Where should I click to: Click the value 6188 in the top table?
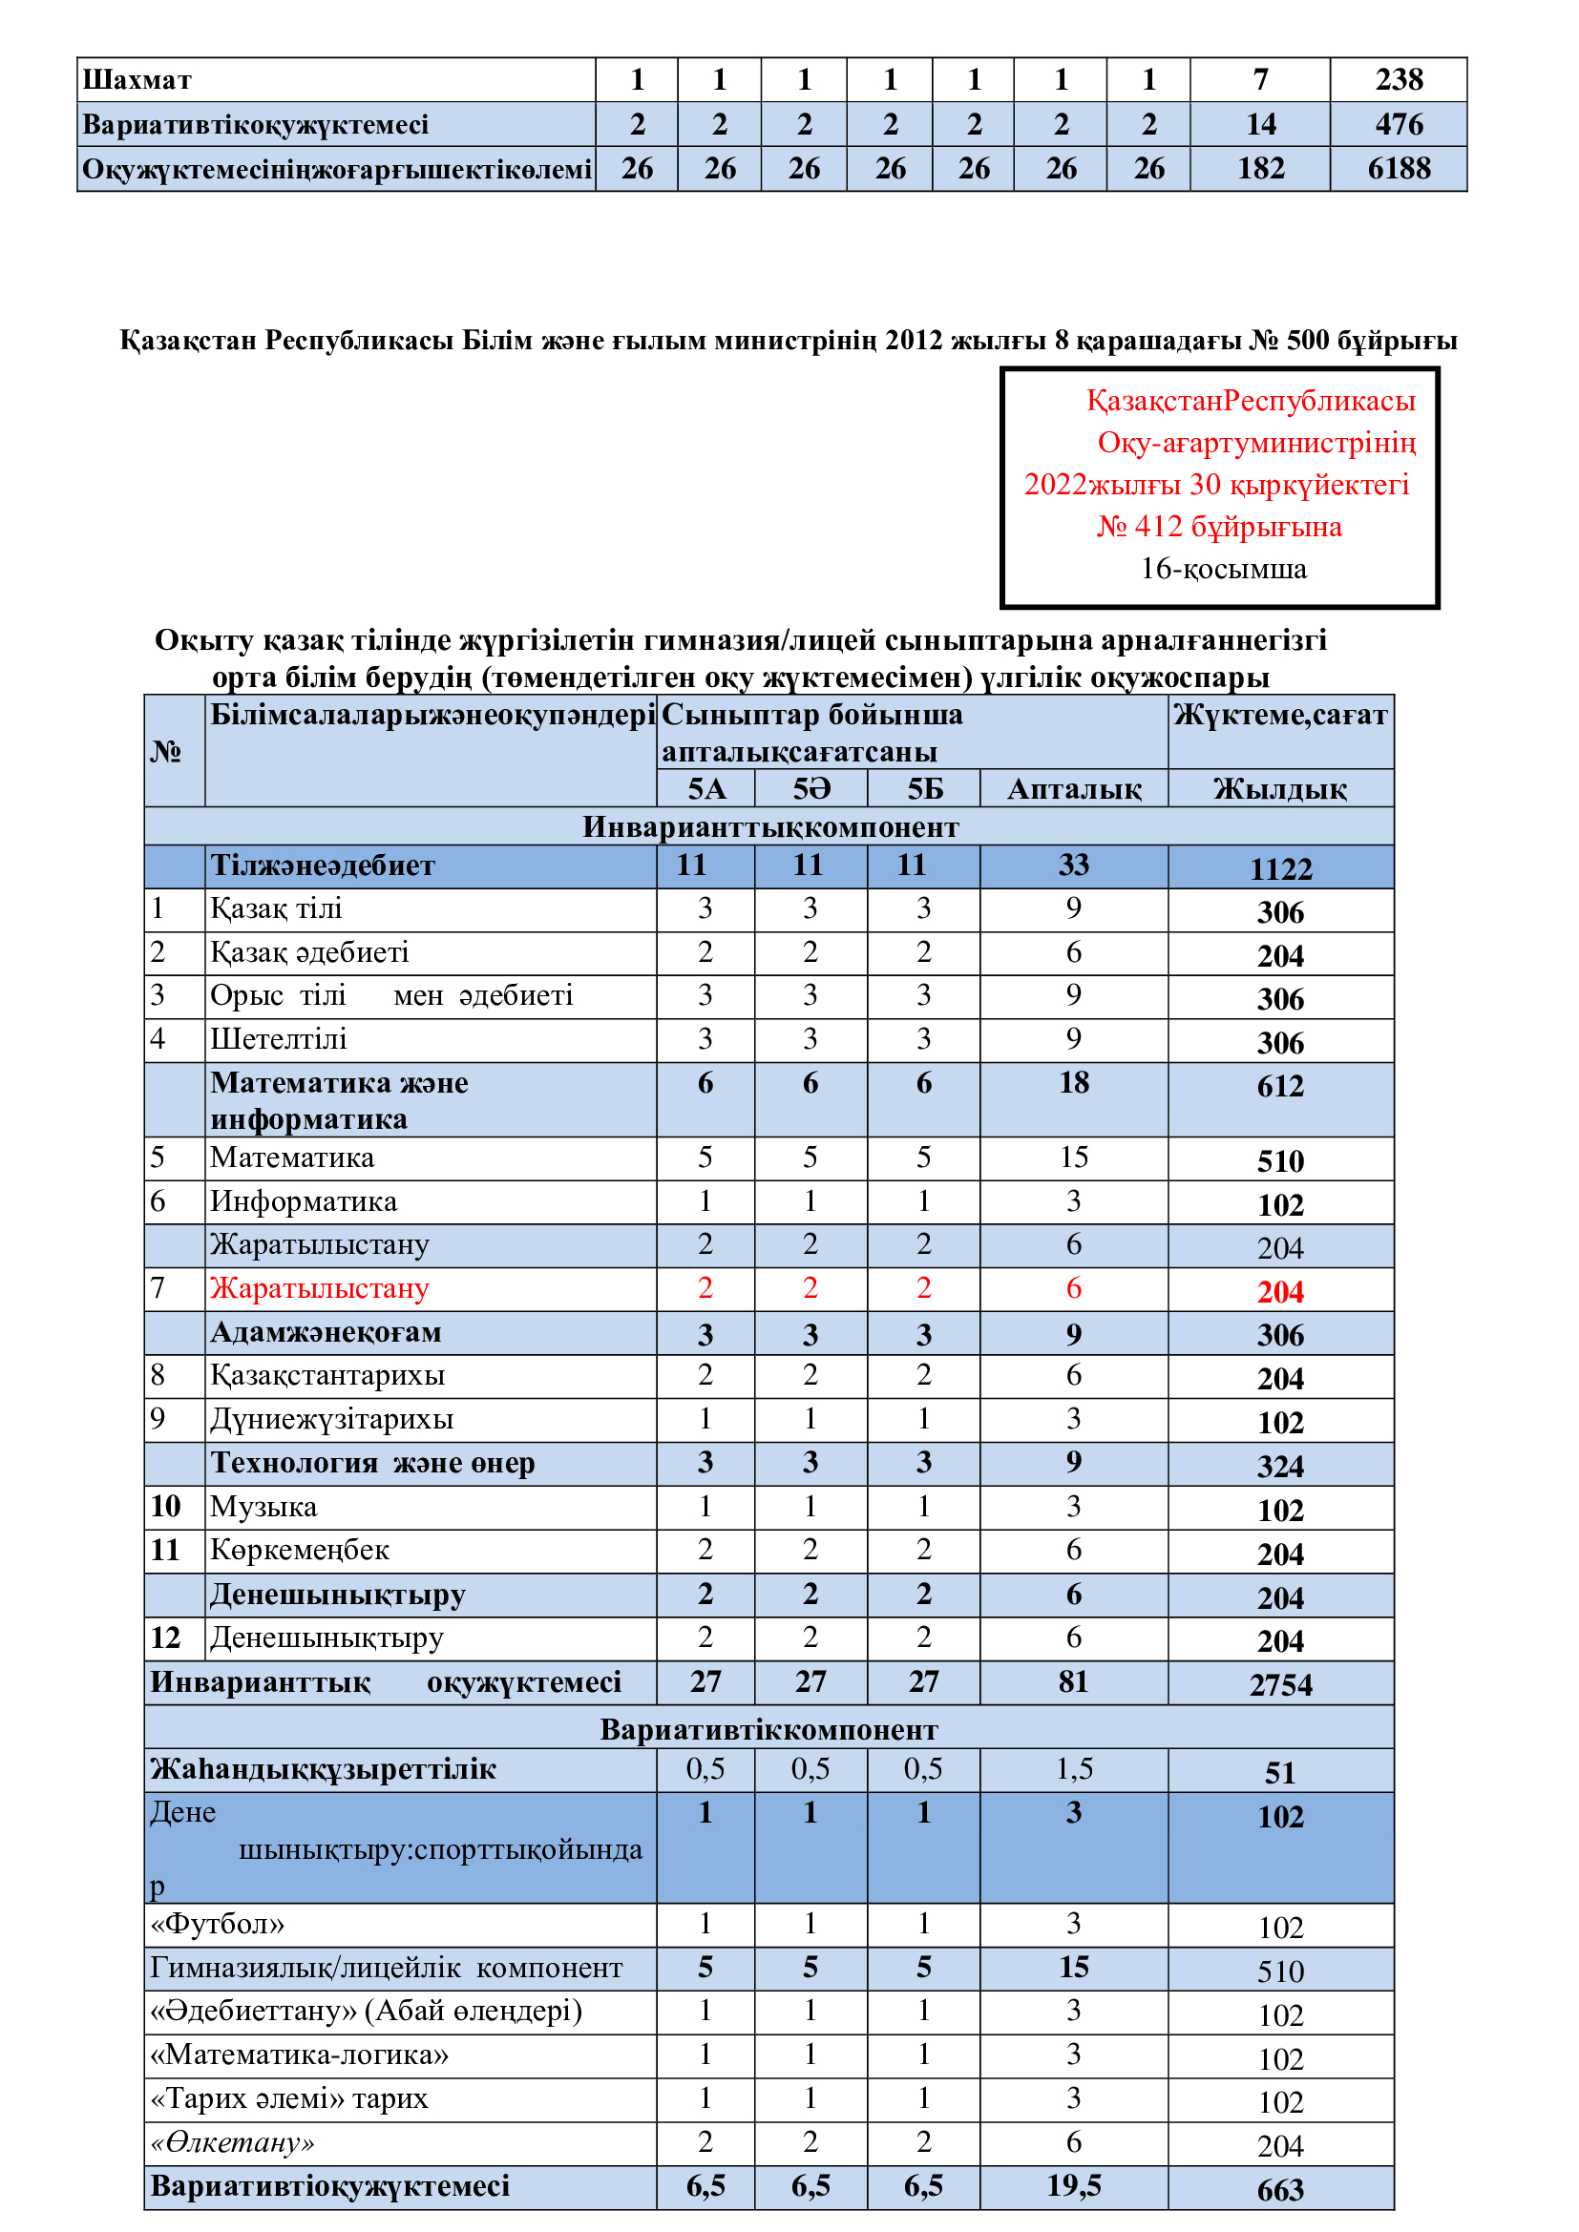click(1399, 169)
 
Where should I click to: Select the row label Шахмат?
click(137, 80)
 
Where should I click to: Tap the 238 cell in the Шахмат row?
click(1399, 80)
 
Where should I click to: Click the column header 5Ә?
click(811, 788)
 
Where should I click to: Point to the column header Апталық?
click(1073, 788)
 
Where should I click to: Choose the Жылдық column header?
click(1279, 788)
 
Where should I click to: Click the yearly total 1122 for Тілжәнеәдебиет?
click(1279, 868)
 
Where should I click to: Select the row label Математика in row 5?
click(292, 1158)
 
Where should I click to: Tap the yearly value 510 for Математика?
click(1279, 1160)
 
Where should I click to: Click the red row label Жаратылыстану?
click(320, 1288)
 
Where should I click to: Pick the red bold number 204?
click(1279, 1292)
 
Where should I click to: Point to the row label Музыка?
click(263, 1507)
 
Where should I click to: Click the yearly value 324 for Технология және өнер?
click(1279, 1466)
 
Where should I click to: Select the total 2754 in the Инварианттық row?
click(1279, 1684)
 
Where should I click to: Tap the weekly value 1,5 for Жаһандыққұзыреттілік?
click(1073, 1769)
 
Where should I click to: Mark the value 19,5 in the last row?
click(1073, 2186)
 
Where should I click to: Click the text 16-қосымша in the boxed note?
click(1223, 569)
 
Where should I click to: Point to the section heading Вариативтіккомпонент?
click(768, 1729)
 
